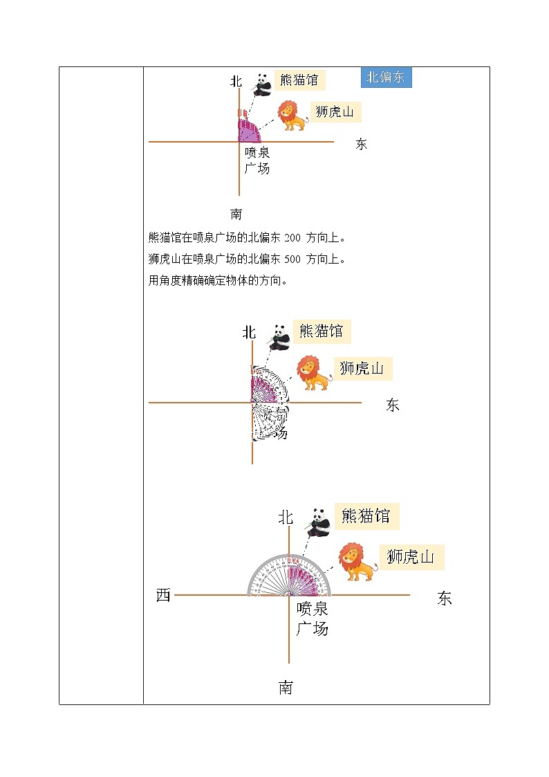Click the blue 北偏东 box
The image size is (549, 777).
(x=386, y=77)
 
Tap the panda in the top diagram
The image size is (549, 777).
(x=261, y=84)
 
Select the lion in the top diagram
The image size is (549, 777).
(x=293, y=115)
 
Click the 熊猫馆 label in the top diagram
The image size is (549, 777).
(x=299, y=80)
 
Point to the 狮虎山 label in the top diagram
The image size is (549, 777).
(x=335, y=111)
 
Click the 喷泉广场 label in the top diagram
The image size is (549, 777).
(x=257, y=161)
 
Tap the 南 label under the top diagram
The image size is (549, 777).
(x=236, y=214)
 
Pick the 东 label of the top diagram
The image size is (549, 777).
(x=361, y=145)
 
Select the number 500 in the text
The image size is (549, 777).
(x=292, y=259)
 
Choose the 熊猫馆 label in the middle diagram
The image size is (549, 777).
(x=321, y=331)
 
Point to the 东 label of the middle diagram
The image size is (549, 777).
(x=393, y=405)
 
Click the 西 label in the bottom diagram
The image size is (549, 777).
(x=163, y=595)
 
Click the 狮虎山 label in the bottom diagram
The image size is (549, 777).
(x=411, y=557)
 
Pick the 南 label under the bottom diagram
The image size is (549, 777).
(x=286, y=688)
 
